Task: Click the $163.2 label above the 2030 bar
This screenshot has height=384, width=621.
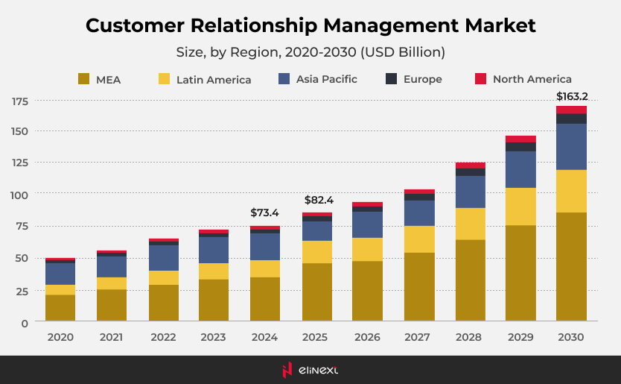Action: (571, 96)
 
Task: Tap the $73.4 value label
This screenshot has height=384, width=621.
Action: (265, 213)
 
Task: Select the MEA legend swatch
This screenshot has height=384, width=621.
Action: (83, 79)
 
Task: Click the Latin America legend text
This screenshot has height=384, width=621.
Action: (214, 80)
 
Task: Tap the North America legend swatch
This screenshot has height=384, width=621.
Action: (480, 79)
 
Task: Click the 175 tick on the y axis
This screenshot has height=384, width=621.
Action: (19, 101)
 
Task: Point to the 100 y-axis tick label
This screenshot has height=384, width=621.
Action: (19, 195)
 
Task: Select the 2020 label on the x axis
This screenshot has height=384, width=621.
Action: (60, 337)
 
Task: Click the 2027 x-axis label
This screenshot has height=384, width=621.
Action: (418, 337)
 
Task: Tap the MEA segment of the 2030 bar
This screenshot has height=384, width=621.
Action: (571, 267)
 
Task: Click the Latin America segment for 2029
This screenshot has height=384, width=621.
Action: (520, 207)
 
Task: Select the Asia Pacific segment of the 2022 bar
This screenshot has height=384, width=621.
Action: (163, 258)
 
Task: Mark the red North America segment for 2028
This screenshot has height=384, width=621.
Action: (470, 166)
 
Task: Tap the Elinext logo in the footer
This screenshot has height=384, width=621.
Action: (310, 369)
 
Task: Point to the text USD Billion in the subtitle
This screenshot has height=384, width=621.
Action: (405, 52)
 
